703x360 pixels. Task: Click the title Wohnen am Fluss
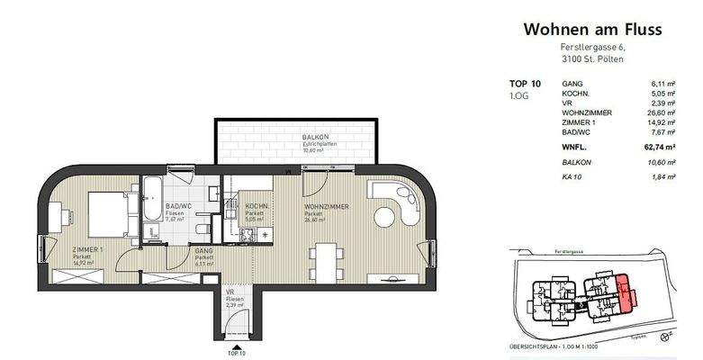coord(592,30)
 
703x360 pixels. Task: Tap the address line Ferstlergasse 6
coord(592,48)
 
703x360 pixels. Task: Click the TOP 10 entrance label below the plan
coord(237,354)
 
